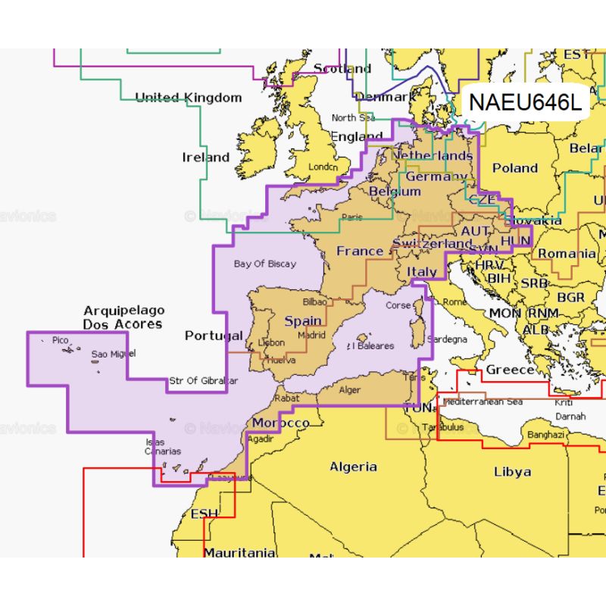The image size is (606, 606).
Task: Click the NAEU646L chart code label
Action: (525, 102)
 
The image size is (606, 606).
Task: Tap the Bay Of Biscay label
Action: (265, 264)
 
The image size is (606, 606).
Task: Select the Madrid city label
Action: (311, 335)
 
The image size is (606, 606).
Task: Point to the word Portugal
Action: (214, 336)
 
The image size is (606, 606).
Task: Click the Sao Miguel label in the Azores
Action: (114, 354)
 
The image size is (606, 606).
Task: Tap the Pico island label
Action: (60, 341)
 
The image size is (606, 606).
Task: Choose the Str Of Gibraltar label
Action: (204, 380)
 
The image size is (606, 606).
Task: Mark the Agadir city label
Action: (261, 439)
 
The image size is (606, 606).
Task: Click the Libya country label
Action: (512, 471)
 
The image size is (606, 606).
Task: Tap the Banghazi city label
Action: (545, 436)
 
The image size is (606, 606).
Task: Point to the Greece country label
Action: (509, 370)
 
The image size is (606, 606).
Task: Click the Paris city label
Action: (351, 217)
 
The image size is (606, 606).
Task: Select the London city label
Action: (322, 167)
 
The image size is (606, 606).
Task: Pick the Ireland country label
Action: (205, 158)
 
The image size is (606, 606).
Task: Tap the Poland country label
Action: (514, 168)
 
